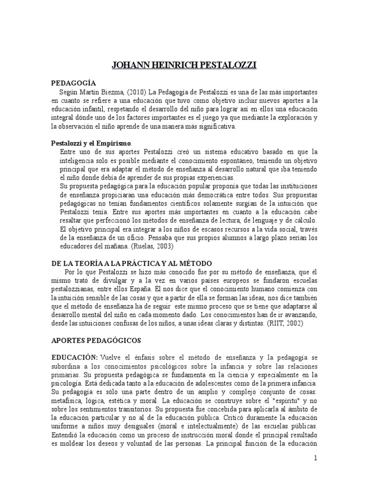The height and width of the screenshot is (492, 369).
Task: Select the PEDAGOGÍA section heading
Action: click(74, 83)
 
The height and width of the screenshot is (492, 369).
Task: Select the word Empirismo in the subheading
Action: click(113, 143)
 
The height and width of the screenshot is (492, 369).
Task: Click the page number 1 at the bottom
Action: click(315, 458)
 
